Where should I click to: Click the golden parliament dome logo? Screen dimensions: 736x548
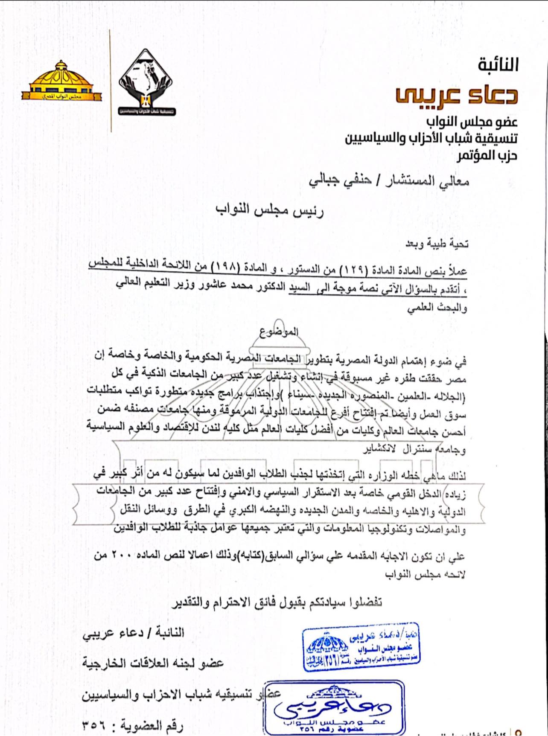[x=61, y=81]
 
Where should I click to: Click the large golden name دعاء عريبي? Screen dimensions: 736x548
[x=456, y=94]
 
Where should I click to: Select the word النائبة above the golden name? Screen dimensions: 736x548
[x=498, y=65]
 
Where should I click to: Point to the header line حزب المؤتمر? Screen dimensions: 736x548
[x=487, y=155]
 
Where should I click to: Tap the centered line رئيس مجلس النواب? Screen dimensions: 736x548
[x=270, y=210]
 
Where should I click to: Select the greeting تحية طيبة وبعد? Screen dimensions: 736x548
[x=437, y=244]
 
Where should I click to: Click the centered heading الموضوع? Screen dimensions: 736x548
[x=279, y=332]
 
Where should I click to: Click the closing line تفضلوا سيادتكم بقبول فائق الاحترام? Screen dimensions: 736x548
[x=277, y=602]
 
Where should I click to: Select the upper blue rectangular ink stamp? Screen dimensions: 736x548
[x=361, y=646]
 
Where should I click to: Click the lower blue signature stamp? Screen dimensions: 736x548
[x=334, y=707]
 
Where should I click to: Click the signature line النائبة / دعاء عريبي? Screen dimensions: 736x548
[x=133, y=632]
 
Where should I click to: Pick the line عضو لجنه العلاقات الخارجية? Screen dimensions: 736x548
[x=153, y=663]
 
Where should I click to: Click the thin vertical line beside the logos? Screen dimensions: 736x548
[x=111, y=81]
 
